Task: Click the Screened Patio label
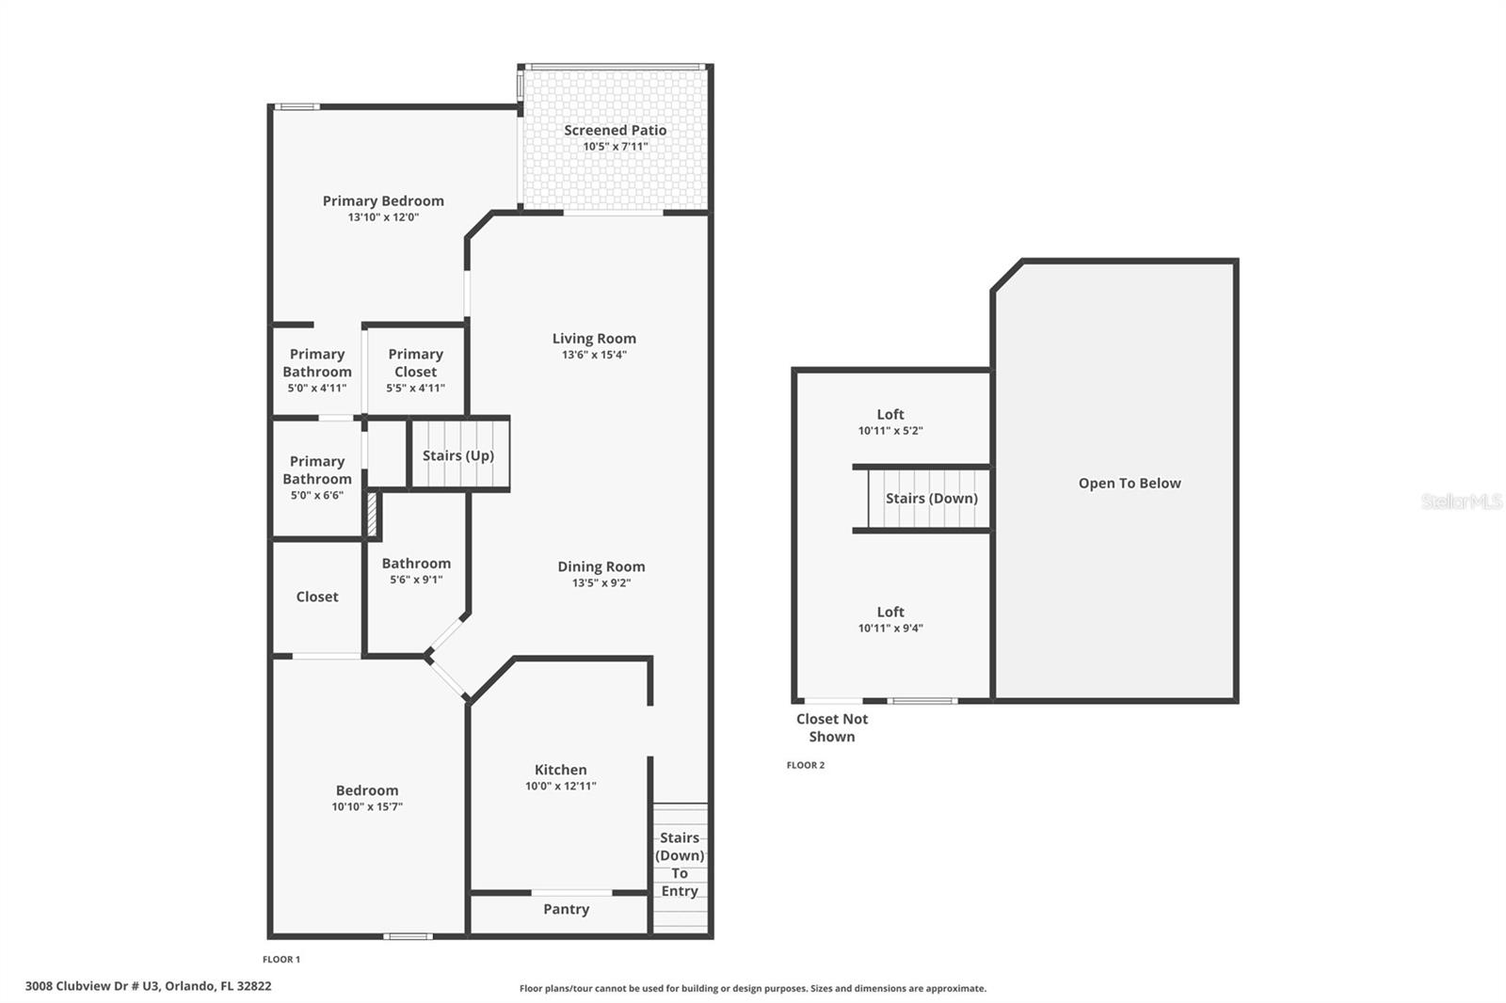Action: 615,130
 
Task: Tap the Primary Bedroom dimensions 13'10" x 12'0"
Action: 383,217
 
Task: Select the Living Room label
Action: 594,339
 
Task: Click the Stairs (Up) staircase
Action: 459,455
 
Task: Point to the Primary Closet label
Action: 415,362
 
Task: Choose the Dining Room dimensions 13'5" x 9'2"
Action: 601,583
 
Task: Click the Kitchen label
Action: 560,770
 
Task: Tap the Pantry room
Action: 566,910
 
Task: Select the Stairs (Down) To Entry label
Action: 680,864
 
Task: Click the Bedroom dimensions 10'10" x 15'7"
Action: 367,807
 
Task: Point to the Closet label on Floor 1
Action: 317,597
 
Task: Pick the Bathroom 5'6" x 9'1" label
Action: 416,564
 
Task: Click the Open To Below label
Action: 1129,484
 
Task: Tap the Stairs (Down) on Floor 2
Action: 930,499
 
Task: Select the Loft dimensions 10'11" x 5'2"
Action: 890,431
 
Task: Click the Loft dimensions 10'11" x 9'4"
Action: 890,629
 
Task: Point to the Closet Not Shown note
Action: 832,727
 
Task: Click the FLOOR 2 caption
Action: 806,765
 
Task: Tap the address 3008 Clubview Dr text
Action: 148,986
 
